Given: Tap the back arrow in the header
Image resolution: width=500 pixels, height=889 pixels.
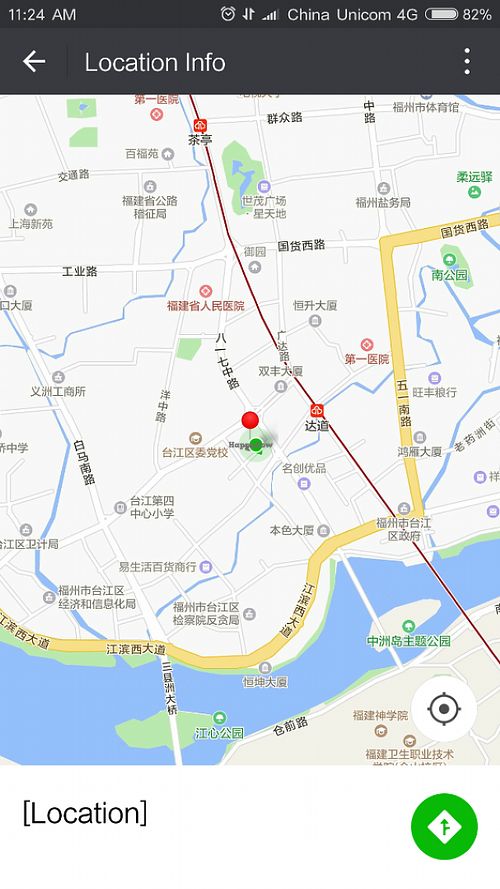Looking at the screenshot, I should [x=34, y=62].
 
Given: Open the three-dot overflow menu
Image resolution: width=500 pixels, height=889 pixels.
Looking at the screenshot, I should [x=466, y=62].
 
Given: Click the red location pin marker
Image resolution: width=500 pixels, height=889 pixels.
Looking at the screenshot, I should [x=250, y=421].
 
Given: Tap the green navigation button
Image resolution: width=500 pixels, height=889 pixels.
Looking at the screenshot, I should [x=444, y=826].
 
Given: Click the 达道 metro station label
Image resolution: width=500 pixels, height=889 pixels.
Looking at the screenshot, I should [x=317, y=424].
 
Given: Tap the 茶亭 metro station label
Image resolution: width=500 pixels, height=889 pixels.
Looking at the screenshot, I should [x=200, y=139].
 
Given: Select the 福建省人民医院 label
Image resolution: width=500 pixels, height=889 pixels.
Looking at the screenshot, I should [x=206, y=305].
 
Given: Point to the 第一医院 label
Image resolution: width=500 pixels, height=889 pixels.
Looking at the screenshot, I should [x=366, y=358].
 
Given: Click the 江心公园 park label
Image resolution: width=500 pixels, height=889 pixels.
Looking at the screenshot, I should [x=219, y=732].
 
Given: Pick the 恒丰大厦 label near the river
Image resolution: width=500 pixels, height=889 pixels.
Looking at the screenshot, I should [x=265, y=681].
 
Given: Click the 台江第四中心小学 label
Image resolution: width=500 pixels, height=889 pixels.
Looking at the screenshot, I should [x=152, y=506].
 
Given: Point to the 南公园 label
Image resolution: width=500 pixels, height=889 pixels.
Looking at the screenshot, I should [x=450, y=274].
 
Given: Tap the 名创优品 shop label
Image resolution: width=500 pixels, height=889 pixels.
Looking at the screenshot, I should [x=303, y=468].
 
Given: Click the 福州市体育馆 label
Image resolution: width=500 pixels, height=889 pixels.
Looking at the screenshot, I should [x=426, y=107].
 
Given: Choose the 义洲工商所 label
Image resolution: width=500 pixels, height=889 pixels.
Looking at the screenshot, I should [x=58, y=391].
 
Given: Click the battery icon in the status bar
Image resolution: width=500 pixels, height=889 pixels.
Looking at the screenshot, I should [x=441, y=14].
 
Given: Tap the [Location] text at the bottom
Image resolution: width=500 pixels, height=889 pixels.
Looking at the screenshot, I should [x=85, y=813].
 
